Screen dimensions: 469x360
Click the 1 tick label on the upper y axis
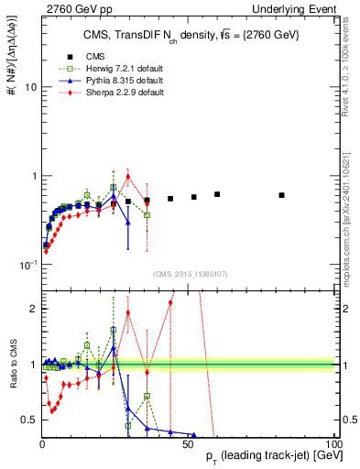(x=31, y=176)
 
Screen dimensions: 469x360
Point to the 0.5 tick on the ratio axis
(x=27, y=420)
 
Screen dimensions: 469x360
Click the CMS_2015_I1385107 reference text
(x=188, y=273)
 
